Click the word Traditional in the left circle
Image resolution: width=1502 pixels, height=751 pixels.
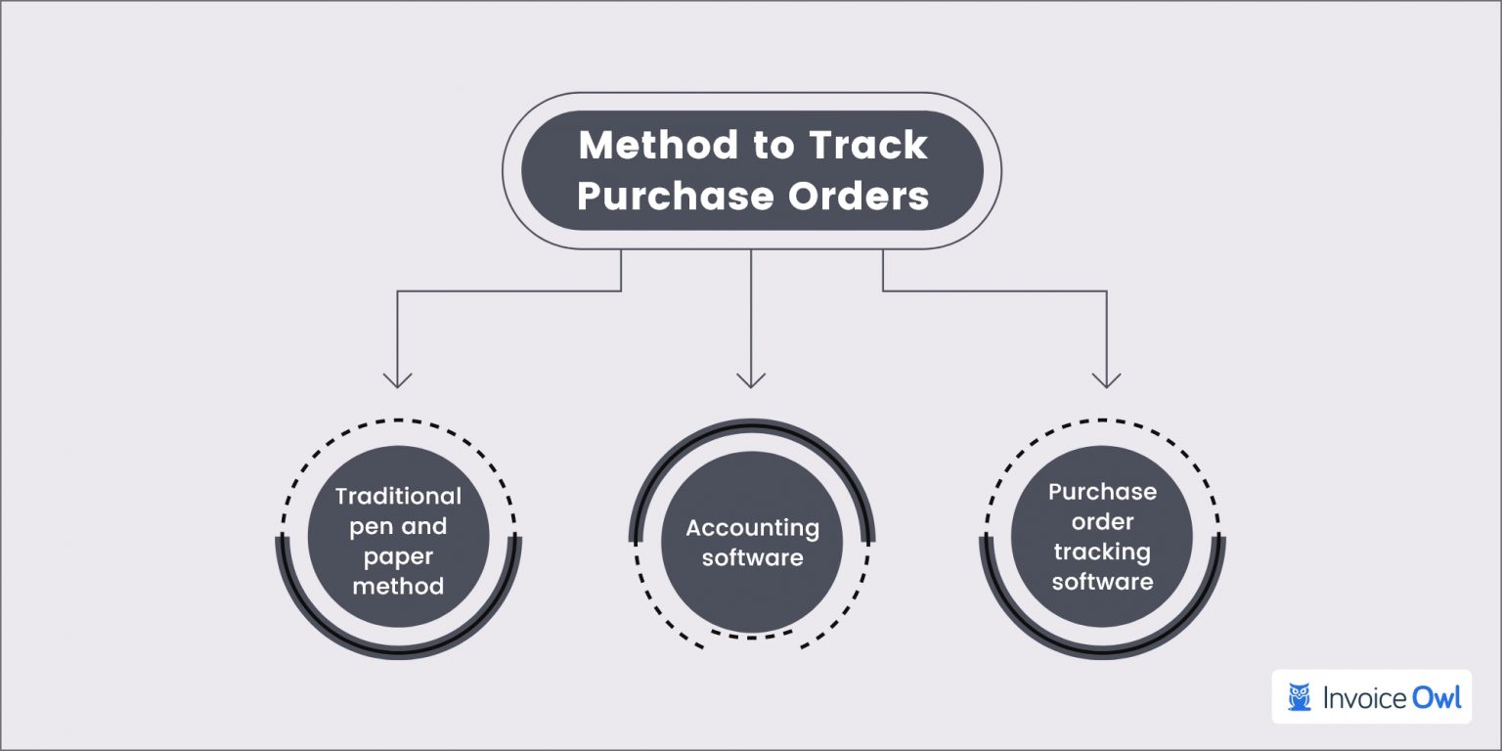click(x=398, y=496)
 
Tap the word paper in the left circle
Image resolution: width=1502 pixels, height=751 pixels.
click(x=398, y=556)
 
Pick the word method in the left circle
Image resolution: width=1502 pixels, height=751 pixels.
click(x=398, y=587)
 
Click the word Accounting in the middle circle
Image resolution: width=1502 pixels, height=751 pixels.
click(x=752, y=528)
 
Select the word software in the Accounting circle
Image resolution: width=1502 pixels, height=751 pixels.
click(x=752, y=558)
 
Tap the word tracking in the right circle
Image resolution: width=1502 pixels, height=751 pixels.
click(x=1102, y=552)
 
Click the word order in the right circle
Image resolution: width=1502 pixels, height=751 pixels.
click(x=1102, y=521)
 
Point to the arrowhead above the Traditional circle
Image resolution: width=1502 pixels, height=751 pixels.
click(x=397, y=379)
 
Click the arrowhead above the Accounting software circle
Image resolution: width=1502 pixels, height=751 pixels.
click(x=751, y=379)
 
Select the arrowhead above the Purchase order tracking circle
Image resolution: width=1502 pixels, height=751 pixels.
click(x=1105, y=379)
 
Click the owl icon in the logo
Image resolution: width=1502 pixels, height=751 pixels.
click(x=1300, y=697)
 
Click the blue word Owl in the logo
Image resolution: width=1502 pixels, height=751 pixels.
click(x=1436, y=697)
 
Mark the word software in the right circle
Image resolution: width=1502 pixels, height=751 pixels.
click(x=1102, y=582)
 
